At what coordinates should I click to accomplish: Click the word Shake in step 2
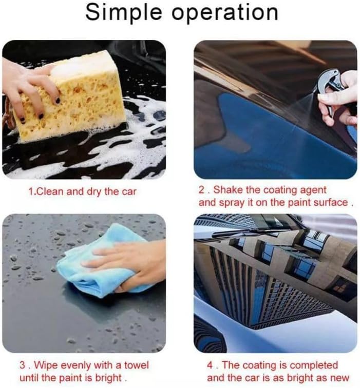point(227,190)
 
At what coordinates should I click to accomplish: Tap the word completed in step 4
point(314,365)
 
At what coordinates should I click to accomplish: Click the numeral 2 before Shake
point(202,190)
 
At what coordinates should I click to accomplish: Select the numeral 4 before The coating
point(210,365)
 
